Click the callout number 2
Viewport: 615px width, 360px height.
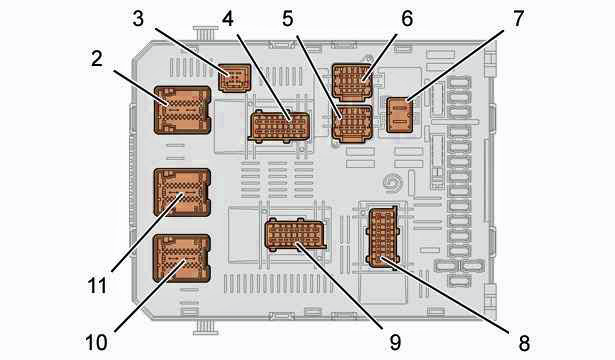[x=96, y=59]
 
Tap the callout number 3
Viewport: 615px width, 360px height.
[x=138, y=18]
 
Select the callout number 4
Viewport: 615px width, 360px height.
[x=228, y=18]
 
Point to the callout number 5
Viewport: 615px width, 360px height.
[x=288, y=18]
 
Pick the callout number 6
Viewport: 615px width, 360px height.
[x=407, y=18]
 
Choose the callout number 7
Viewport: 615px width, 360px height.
[x=518, y=18]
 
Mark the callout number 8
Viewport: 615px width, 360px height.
[x=524, y=343]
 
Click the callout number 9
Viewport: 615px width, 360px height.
[x=395, y=342]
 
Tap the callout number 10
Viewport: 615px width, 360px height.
[x=96, y=342]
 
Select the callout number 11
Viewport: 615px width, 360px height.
[x=97, y=286]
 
